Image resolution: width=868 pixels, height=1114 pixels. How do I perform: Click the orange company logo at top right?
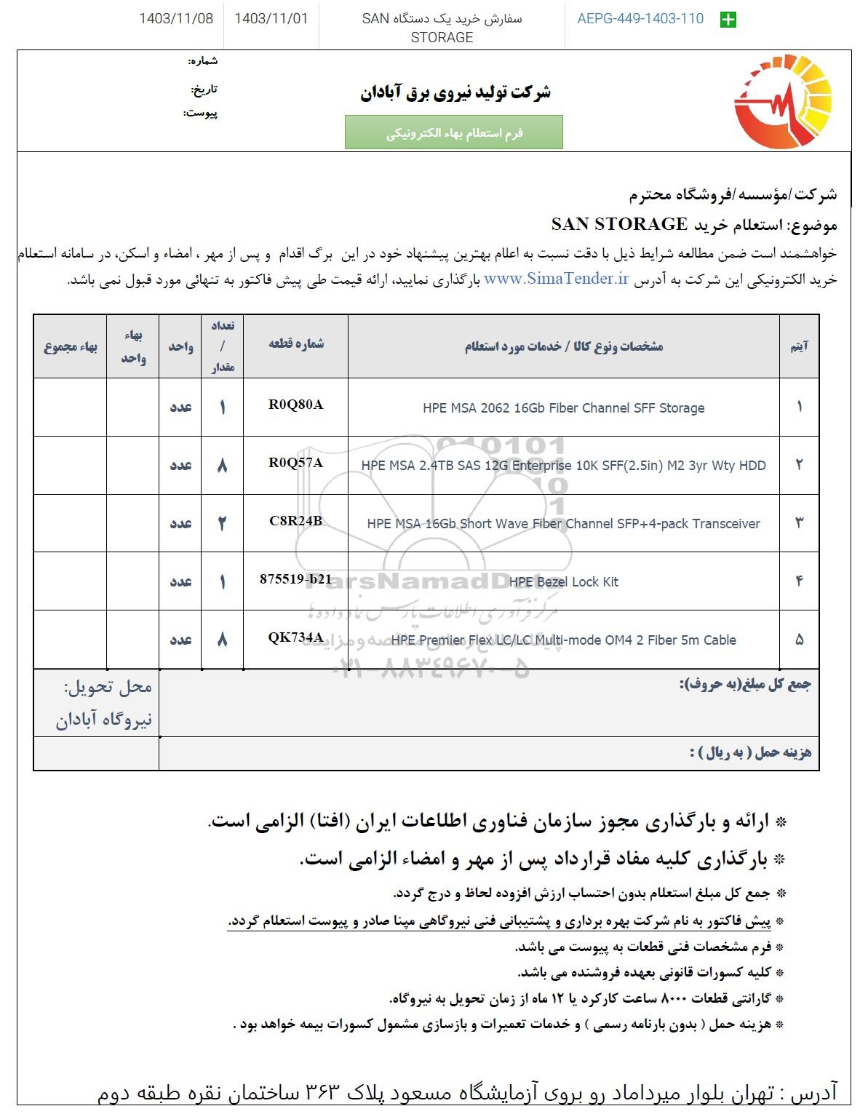[x=784, y=102]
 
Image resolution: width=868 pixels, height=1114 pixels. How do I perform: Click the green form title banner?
[x=453, y=132]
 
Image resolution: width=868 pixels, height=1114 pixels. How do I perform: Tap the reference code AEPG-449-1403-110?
[x=640, y=19]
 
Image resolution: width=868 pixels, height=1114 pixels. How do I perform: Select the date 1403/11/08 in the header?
[x=176, y=19]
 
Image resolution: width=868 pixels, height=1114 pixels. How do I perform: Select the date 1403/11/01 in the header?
[x=271, y=19]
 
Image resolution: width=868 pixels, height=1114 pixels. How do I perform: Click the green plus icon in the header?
[x=727, y=20]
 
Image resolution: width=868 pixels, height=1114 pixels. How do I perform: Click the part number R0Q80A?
[x=295, y=405]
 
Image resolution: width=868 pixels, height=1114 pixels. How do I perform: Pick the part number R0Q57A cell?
[x=295, y=463]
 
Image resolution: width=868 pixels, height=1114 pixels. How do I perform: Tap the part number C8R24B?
[x=295, y=522]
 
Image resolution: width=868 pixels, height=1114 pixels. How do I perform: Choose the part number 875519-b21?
[x=295, y=580]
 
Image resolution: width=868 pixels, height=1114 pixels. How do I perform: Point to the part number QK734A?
[x=295, y=638]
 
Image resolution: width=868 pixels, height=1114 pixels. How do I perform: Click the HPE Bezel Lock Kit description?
[x=564, y=582]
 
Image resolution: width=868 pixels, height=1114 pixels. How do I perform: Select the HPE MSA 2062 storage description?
[x=563, y=408]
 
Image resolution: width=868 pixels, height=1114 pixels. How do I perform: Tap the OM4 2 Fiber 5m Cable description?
[x=563, y=640]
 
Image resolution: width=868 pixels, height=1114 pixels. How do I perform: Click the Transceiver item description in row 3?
[x=563, y=524]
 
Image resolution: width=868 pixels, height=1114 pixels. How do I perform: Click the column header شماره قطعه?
[x=295, y=345]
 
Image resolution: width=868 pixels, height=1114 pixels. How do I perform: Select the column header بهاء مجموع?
[x=71, y=347]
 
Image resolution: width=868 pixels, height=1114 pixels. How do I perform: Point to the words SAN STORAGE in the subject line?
[x=619, y=224]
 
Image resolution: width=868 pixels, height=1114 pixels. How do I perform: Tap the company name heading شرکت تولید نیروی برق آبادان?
[x=455, y=92]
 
